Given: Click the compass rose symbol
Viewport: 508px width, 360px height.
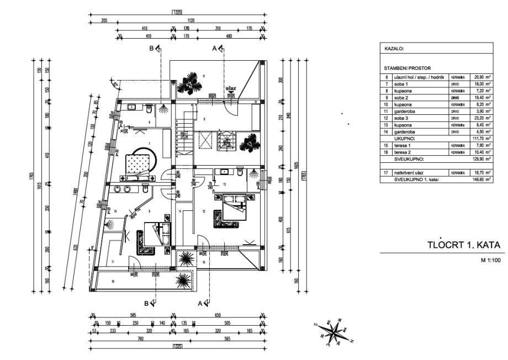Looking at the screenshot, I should (x=334, y=331).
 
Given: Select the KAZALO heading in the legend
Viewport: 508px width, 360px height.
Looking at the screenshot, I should (x=394, y=49).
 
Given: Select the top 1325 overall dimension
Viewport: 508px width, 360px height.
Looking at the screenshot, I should (x=177, y=12).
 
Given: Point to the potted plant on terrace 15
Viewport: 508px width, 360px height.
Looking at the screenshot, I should (x=185, y=258).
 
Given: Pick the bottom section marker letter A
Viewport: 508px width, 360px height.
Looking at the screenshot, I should (x=200, y=303).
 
